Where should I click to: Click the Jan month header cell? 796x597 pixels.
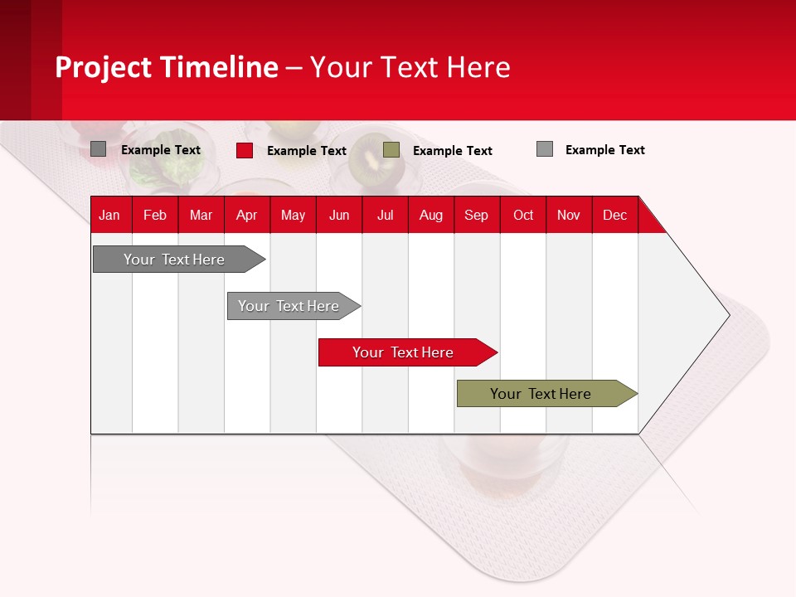(x=109, y=215)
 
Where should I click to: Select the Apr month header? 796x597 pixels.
(x=246, y=215)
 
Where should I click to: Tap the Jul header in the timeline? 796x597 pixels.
(x=385, y=215)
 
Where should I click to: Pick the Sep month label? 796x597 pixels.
(x=476, y=215)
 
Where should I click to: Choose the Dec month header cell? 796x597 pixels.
(x=614, y=215)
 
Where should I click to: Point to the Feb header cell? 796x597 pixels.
(x=155, y=215)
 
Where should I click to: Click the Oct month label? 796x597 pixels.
(x=523, y=215)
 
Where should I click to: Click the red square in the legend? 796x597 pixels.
(x=245, y=150)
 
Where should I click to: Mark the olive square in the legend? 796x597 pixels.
(x=391, y=150)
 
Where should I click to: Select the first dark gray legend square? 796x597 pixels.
(x=99, y=149)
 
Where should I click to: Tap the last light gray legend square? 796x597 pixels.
(x=545, y=149)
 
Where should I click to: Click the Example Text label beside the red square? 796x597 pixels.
(x=307, y=151)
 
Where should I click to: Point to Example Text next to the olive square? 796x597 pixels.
(x=453, y=151)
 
